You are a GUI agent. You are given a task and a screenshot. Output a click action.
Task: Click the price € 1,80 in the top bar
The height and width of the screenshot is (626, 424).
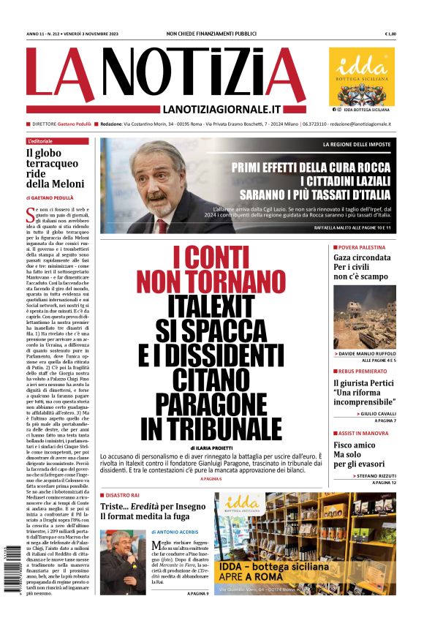point(390,34)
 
